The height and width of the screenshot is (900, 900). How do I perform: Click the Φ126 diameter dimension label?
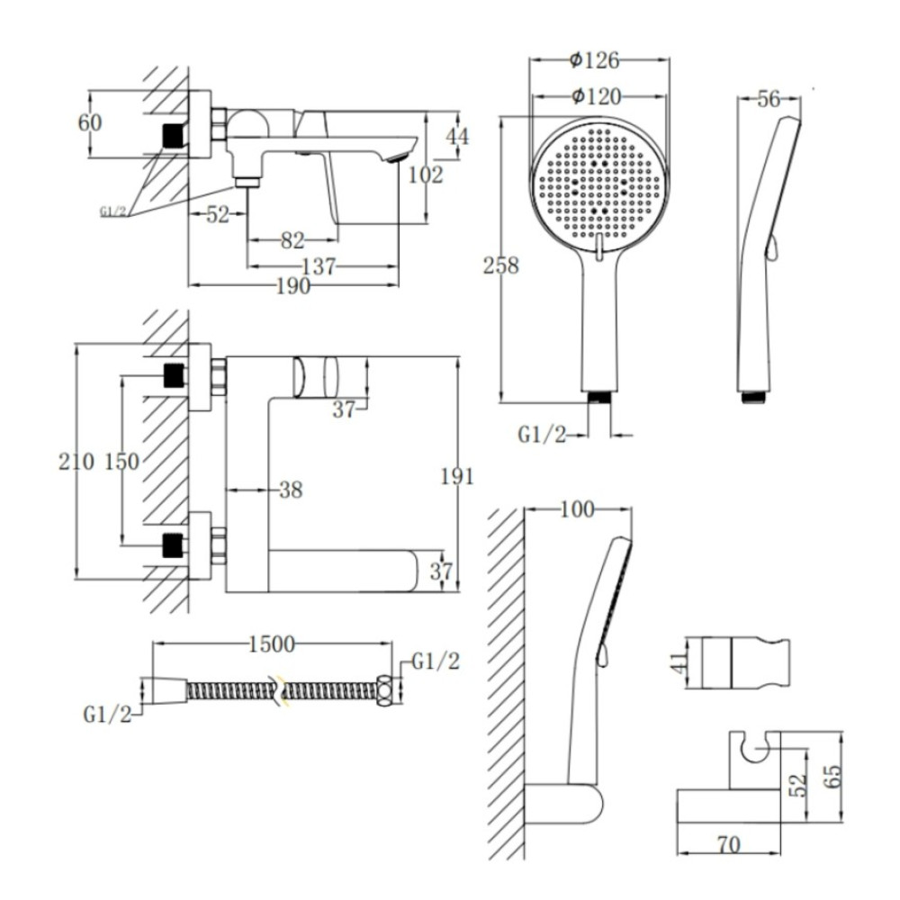point(595,60)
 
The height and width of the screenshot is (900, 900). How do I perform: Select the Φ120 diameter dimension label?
point(597,96)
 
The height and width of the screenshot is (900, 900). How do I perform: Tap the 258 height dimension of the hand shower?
point(500,265)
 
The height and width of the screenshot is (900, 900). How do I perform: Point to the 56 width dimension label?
point(769,99)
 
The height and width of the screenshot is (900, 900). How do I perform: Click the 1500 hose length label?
point(272,644)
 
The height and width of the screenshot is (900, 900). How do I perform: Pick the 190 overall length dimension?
point(293,286)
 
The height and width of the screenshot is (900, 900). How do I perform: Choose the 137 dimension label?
point(319,266)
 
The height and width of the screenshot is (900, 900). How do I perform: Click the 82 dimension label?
point(292,240)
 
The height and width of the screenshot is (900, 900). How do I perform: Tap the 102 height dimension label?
point(426,175)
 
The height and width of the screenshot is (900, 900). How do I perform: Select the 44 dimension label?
point(457,137)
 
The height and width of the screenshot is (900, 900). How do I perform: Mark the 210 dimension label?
point(76,461)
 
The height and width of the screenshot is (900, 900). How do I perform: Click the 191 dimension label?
point(457,476)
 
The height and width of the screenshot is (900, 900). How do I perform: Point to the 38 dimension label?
point(291,490)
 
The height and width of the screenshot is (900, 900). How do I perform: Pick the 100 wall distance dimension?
point(577,509)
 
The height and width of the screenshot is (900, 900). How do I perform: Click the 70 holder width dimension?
point(728,845)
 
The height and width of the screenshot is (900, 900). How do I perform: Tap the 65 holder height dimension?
point(833,777)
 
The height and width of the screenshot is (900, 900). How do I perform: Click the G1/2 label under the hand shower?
point(542,435)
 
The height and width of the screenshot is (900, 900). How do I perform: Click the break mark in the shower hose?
point(281,690)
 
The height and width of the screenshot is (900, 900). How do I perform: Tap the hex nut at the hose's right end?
point(383,689)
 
